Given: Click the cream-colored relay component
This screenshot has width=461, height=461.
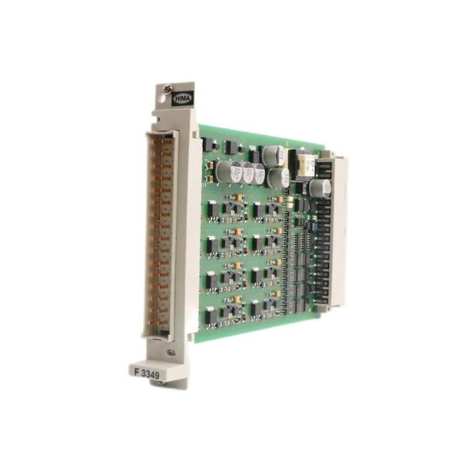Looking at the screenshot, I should pos(307,163).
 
